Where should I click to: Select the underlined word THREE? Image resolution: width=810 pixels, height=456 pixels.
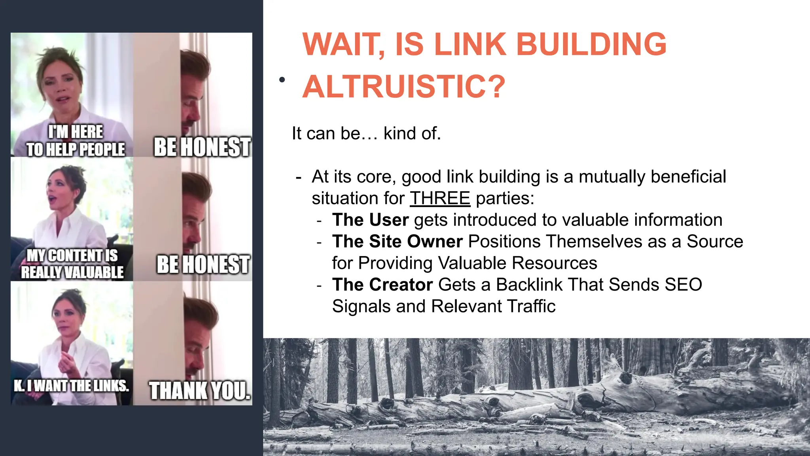tap(440, 198)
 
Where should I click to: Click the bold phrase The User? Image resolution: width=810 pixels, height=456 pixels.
tap(370, 220)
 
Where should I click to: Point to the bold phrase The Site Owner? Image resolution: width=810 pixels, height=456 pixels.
tap(397, 241)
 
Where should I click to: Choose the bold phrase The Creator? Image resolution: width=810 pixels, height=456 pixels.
tap(382, 285)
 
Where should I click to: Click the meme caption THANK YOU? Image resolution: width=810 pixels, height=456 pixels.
tap(200, 391)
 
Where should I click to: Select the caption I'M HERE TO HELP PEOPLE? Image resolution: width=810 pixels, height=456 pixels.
tap(76, 141)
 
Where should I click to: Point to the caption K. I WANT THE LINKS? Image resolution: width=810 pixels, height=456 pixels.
tap(72, 386)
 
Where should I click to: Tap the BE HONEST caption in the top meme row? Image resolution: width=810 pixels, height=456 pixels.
tap(202, 147)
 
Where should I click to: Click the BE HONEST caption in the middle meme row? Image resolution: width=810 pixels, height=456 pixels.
tap(203, 264)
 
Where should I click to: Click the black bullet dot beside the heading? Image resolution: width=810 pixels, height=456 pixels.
tap(282, 80)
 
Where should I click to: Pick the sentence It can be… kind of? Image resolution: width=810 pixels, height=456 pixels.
tap(366, 133)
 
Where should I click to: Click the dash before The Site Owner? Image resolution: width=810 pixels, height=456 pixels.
tap(319, 242)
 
